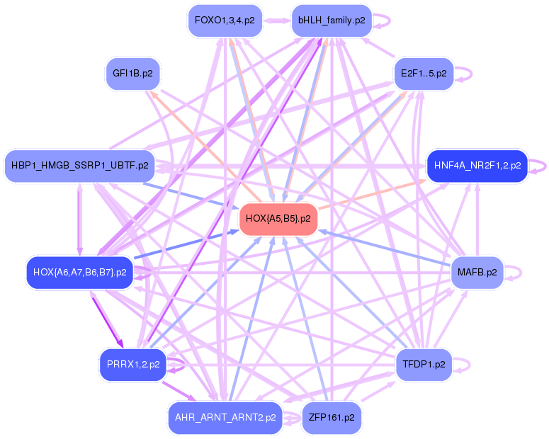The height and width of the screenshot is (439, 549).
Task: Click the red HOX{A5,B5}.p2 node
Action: (278, 219)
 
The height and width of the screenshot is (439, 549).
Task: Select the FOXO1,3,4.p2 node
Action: (224, 21)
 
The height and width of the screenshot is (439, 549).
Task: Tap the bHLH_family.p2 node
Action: (332, 21)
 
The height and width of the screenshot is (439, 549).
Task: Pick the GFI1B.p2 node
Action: (133, 73)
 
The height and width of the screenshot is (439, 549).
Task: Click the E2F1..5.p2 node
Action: (423, 73)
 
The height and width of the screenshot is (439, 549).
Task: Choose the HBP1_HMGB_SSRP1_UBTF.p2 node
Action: (80, 166)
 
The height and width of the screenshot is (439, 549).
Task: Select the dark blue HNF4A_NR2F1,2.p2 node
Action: (477, 166)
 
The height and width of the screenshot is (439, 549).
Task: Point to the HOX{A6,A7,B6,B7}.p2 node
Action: (80, 272)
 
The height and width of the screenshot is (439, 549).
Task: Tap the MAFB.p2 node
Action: (477, 272)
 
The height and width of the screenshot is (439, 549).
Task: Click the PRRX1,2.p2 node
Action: (133, 365)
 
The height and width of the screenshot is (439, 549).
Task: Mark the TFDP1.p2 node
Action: (423, 365)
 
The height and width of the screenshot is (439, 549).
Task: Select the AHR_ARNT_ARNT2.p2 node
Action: (224, 418)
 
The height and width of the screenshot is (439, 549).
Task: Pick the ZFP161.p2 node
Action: (332, 418)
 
